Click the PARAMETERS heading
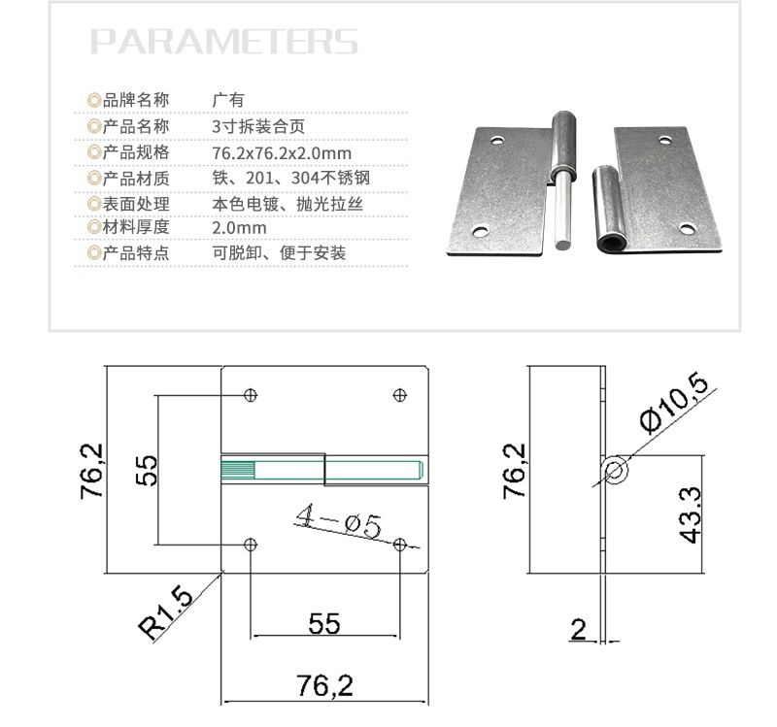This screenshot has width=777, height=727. tap(223, 41)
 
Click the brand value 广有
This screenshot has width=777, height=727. tap(228, 99)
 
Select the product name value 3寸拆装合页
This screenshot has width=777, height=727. tap(257, 126)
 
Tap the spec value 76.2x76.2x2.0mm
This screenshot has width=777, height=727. tap(282, 153)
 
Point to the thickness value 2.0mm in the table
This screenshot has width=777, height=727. tap(239, 228)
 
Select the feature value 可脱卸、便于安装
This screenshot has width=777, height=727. tap(279, 253)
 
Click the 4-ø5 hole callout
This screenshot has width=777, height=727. tap(340, 524)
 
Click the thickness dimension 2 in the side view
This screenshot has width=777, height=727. tap(579, 630)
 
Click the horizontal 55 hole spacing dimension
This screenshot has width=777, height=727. tap(324, 623)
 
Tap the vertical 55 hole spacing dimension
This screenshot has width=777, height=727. tap(145, 470)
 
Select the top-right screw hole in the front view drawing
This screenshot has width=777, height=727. tap(399, 393)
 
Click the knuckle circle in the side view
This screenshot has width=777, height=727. tap(614, 471)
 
